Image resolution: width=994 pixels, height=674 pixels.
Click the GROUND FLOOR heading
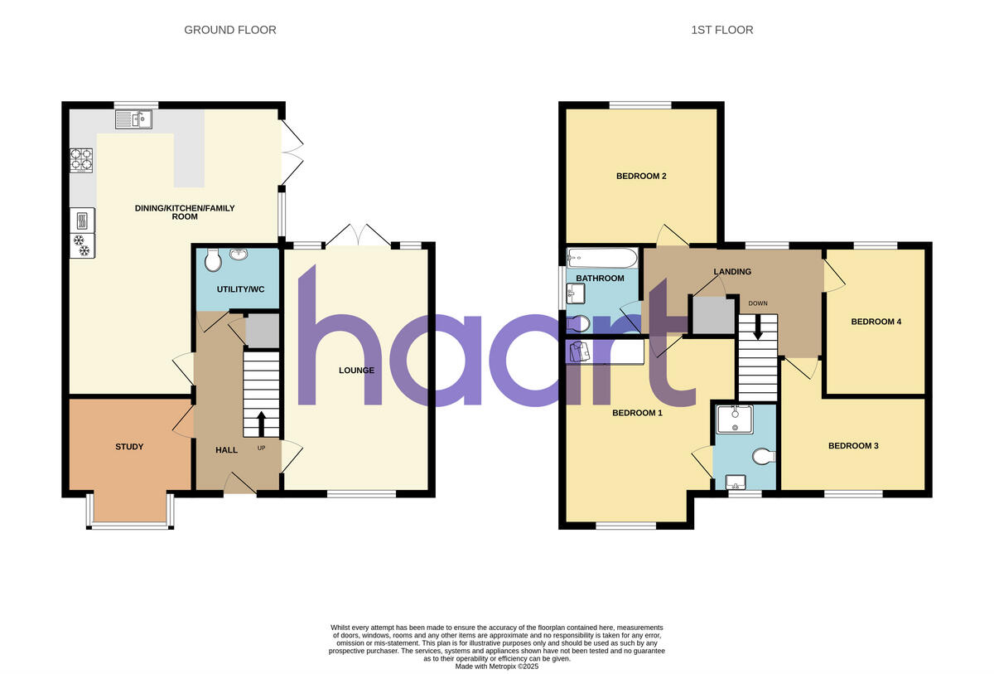tap(230, 30)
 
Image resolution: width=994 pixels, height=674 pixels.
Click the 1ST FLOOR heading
tap(722, 30)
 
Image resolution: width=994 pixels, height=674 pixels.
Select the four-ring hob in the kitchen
tap(80, 158)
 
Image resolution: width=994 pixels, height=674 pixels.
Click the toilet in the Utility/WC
tap(213, 261)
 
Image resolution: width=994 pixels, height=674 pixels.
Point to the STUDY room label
tap(129, 447)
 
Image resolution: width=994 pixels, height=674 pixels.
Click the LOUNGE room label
tap(356, 371)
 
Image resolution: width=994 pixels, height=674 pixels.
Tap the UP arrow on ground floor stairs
tap(262, 424)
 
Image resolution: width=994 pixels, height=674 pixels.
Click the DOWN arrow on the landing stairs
tap(758, 330)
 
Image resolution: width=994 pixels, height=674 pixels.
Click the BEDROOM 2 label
tap(641, 176)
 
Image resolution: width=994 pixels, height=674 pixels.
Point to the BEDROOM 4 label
tap(876, 322)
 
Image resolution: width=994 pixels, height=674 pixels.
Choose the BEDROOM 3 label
tap(853, 446)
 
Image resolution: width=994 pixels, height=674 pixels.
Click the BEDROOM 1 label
tap(637, 413)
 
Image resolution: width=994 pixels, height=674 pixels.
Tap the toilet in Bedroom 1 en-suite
tap(764, 455)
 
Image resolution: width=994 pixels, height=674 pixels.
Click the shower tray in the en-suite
tap(735, 419)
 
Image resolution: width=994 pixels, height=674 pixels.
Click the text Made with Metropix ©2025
tap(497, 667)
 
